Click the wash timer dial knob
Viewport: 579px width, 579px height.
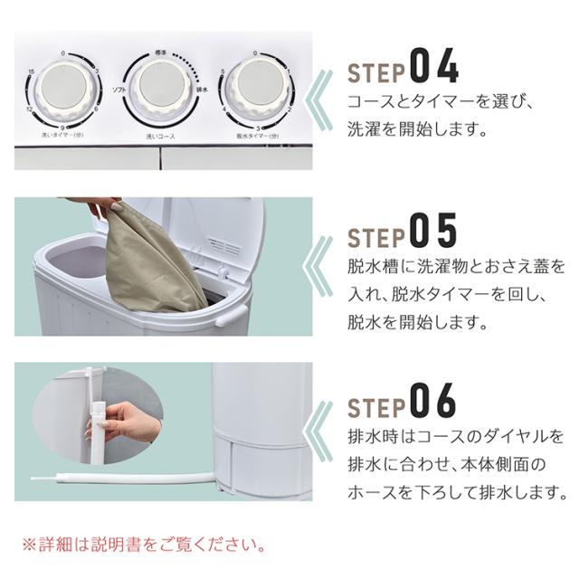[66, 92]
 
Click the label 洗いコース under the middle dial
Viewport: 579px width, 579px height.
[160, 136]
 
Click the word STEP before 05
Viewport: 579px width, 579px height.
[376, 237]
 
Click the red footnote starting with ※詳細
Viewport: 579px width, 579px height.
[145, 546]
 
